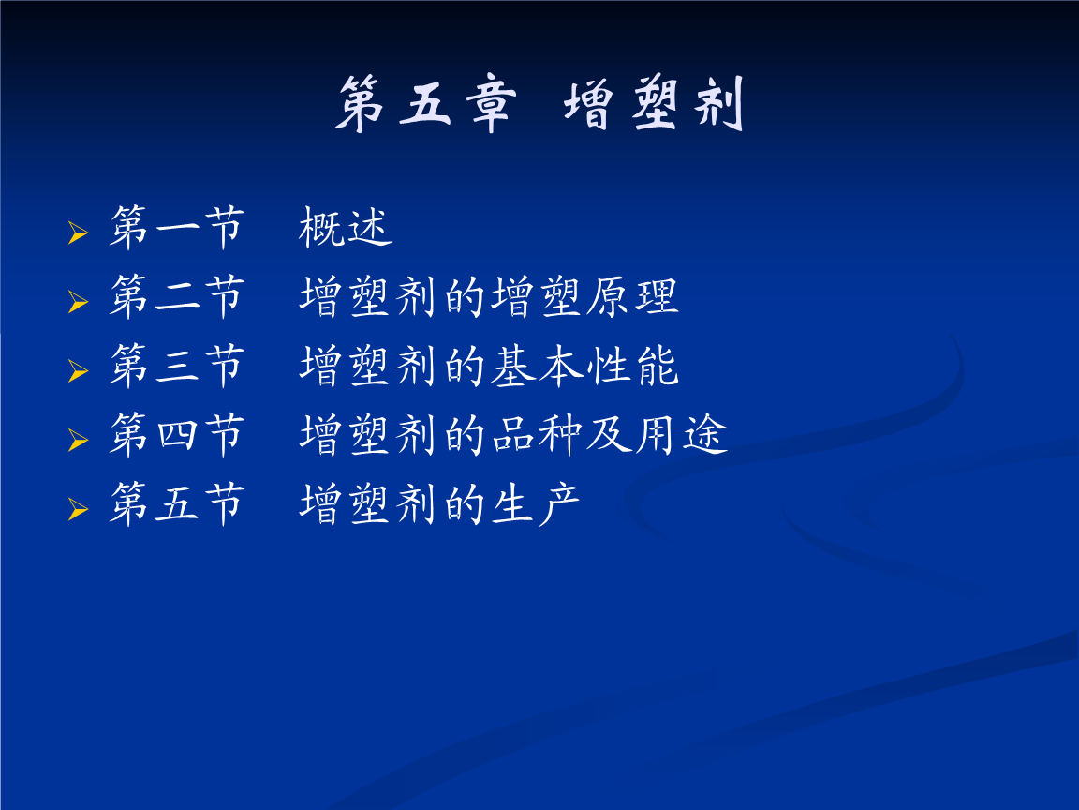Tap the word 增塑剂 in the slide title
coord(653,104)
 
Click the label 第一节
coord(176,230)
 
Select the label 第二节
coord(176,298)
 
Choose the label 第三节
coord(176,367)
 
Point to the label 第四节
coord(176,436)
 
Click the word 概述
coord(346,230)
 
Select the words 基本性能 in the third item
coord(584,367)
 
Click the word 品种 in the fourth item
coord(536,436)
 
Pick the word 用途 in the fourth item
coord(680,436)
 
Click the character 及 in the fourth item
coord(608,436)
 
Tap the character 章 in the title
coord(488,104)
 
